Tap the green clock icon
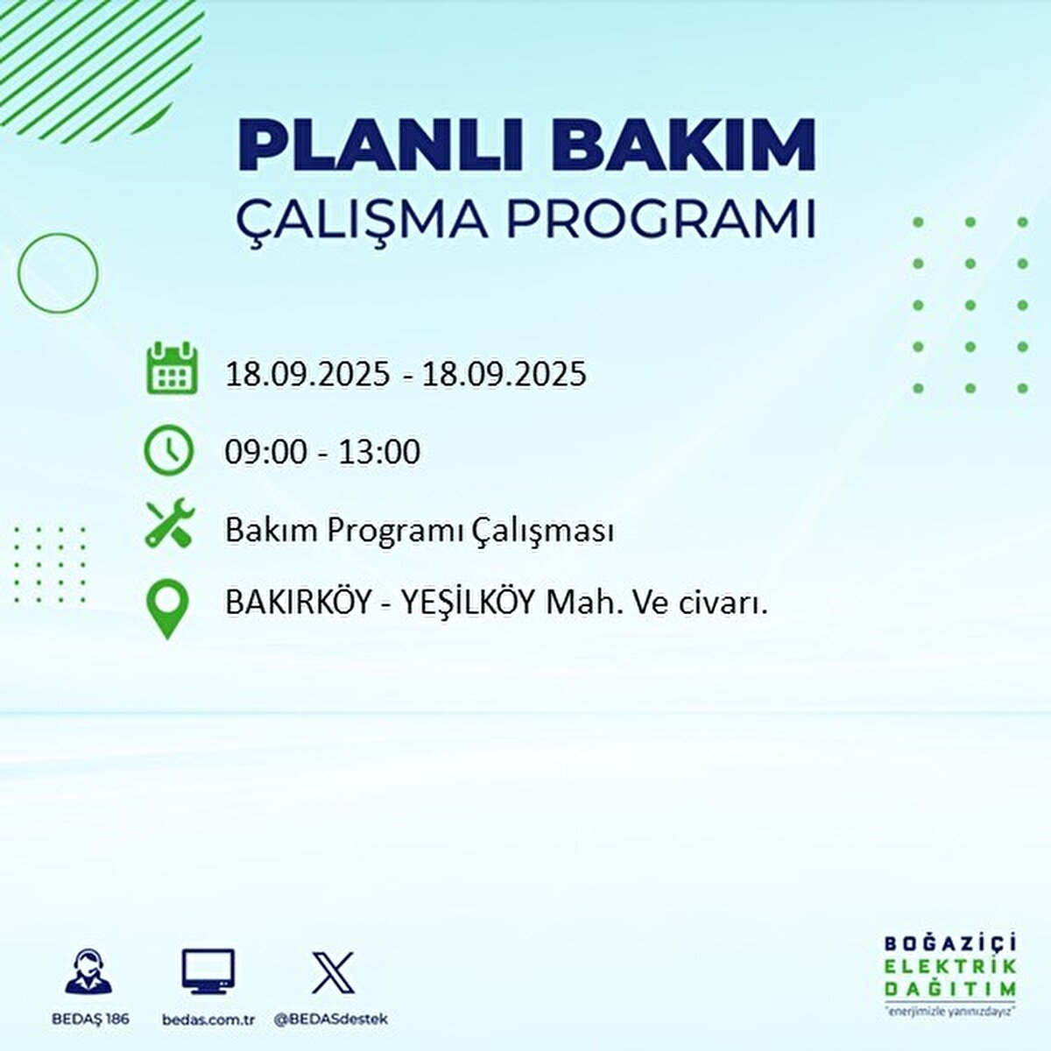click(x=168, y=450)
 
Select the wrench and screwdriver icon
click(x=170, y=524)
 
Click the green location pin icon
click(x=167, y=608)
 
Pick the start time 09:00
click(x=266, y=452)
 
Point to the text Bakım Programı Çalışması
click(x=419, y=531)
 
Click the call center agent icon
click(x=88, y=972)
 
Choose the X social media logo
click(x=333, y=972)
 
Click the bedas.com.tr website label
click(x=208, y=1019)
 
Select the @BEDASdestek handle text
click(x=330, y=1019)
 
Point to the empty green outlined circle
click(x=58, y=273)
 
